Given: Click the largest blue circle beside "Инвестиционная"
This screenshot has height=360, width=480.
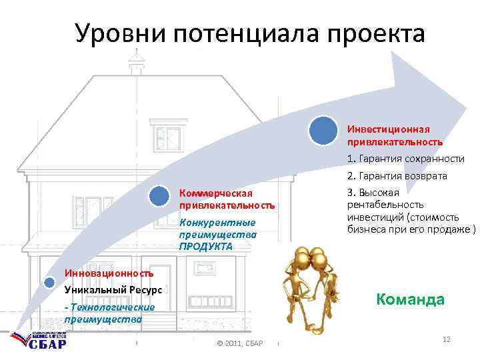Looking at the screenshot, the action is [x=323, y=131].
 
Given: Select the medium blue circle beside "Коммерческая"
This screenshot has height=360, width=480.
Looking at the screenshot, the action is [x=159, y=196].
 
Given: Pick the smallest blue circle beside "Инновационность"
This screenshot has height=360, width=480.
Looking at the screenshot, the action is [x=49, y=281].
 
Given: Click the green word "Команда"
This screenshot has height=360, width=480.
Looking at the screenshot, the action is [x=410, y=299].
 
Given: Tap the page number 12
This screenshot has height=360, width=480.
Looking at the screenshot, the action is [x=446, y=340].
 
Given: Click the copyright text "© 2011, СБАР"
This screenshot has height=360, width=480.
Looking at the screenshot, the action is [x=241, y=343].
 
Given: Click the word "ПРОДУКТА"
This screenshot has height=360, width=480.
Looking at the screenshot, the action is [x=205, y=247].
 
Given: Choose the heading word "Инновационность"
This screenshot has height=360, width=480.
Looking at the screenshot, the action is [x=109, y=273].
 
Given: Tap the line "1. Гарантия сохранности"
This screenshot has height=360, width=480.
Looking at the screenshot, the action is [x=405, y=159].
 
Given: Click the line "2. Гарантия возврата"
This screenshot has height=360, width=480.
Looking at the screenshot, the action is [x=397, y=176].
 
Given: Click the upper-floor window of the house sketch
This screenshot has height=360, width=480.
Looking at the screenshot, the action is [x=168, y=138].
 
